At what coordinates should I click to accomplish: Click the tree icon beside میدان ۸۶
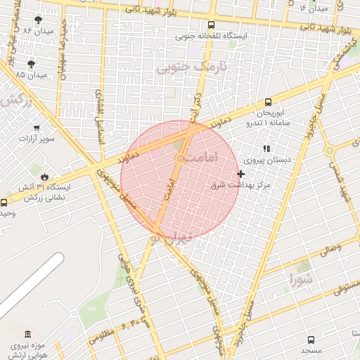(37, 20)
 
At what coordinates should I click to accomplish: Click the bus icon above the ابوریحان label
(267, 103)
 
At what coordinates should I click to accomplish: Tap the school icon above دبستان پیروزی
(266, 148)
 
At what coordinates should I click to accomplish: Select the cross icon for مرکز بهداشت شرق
(241, 173)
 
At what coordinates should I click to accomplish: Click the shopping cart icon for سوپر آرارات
(36, 128)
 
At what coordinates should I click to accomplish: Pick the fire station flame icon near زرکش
(45, 176)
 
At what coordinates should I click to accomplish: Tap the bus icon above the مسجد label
(311, 338)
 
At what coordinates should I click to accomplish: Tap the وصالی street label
(330, 248)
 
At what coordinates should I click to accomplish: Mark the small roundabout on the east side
(328, 150)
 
